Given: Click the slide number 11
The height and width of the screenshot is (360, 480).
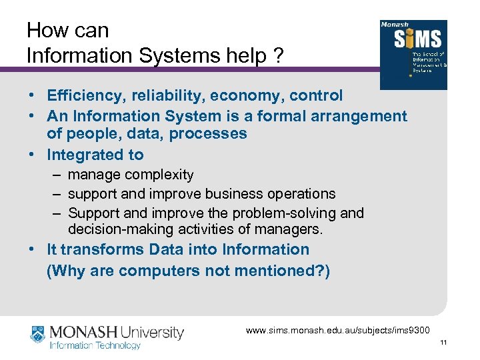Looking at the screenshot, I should click(x=444, y=343).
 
